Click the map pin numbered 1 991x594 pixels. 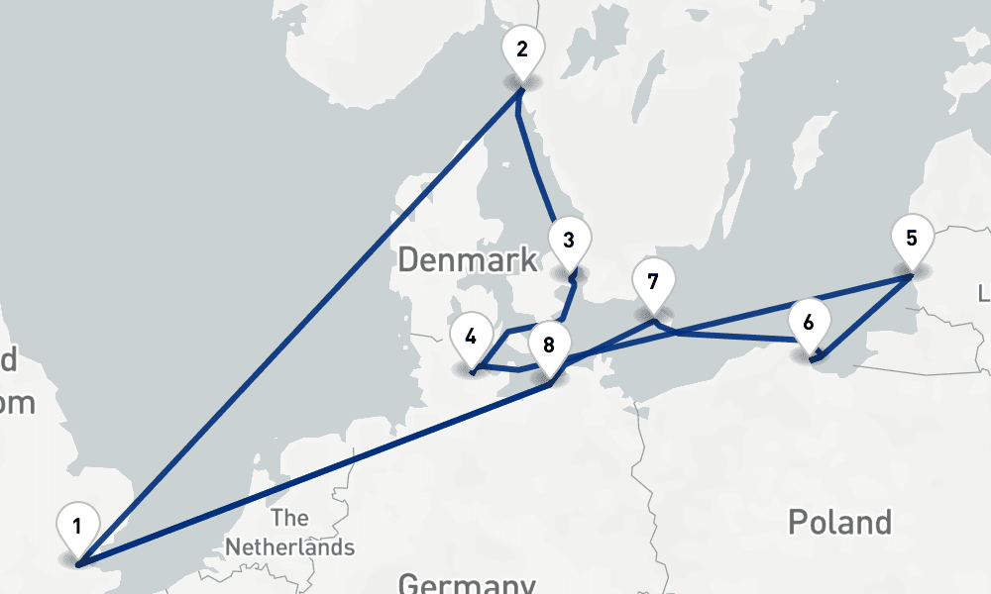pyautogui.click(x=77, y=525)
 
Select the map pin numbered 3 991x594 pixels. pyautogui.click(x=568, y=241)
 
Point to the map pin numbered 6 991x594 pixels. pyautogui.click(x=809, y=324)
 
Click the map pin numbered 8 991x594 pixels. pyautogui.click(x=549, y=346)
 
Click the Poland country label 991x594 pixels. pyautogui.click(x=839, y=521)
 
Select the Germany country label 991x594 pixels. pyautogui.click(x=466, y=583)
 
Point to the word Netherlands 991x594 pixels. pyautogui.click(x=289, y=546)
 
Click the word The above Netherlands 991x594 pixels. pyautogui.click(x=289, y=518)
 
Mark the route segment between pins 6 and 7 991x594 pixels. pyautogui.click(x=733, y=338)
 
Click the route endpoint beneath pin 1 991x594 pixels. pyautogui.click(x=77, y=563)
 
